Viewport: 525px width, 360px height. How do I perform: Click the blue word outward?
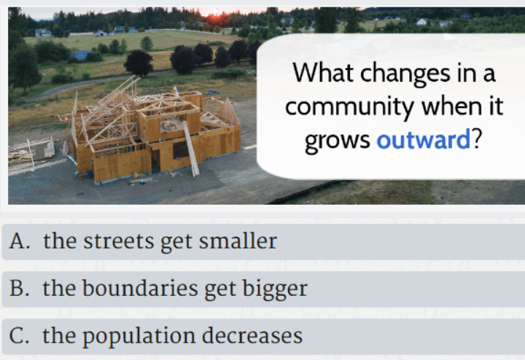424,139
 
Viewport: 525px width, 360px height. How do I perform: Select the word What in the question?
323,72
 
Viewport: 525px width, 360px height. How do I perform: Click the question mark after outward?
476,139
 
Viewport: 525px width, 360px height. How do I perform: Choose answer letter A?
20,241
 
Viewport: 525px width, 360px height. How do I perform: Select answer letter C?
19,335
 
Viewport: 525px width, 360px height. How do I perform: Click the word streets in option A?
118,241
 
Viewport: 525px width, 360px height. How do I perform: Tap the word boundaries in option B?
140,288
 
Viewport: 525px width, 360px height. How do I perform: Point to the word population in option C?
139,336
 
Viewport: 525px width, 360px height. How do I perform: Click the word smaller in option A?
238,241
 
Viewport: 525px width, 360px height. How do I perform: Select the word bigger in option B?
275,289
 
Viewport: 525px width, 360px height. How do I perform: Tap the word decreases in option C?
252,335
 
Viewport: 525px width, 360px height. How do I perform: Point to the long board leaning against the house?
191,148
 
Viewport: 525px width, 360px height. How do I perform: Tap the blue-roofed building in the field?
80,55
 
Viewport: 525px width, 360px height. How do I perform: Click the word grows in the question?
338,141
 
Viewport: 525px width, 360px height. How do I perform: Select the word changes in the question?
405,74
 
